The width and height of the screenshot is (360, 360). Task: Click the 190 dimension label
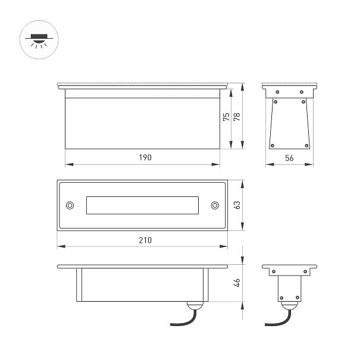pyautogui.click(x=145, y=157)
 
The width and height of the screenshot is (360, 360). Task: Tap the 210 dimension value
pyautogui.click(x=145, y=240)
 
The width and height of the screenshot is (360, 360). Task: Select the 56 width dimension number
pyautogui.click(x=289, y=158)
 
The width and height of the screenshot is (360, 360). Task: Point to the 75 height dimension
pyautogui.click(x=226, y=117)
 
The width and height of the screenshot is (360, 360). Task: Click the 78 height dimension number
pyautogui.click(x=237, y=117)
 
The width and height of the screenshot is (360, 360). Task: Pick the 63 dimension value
pyautogui.click(x=237, y=205)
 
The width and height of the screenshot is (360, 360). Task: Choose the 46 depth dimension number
pyautogui.click(x=237, y=283)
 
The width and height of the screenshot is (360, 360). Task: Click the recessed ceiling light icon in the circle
pyautogui.click(x=39, y=40)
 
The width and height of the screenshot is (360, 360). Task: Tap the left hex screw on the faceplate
pyautogui.click(x=70, y=205)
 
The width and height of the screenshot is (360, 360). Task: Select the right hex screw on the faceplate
pyautogui.click(x=215, y=205)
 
